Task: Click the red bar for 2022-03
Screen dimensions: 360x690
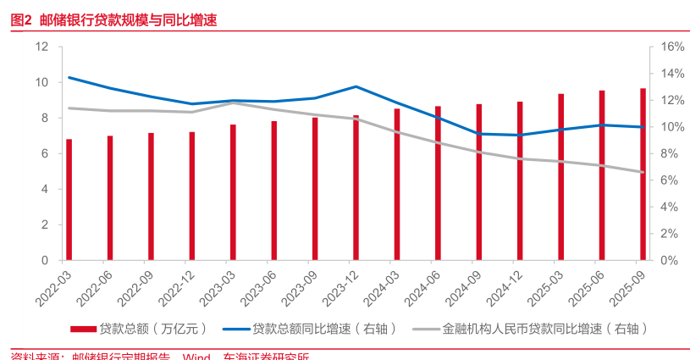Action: [x=69, y=200]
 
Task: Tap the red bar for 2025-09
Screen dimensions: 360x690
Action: [x=643, y=174]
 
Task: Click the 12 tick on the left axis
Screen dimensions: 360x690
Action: [x=41, y=47]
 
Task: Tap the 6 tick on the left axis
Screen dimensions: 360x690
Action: [x=45, y=153]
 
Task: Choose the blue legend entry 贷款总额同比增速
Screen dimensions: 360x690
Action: [x=313, y=328]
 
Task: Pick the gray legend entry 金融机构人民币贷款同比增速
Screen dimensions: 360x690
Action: [x=533, y=328]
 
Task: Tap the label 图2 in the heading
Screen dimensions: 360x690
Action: [x=21, y=19]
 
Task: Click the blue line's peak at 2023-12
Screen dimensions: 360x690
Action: [x=356, y=86]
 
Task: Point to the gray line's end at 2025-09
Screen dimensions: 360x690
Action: [x=643, y=172]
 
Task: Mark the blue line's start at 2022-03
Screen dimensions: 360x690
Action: [x=69, y=77]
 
